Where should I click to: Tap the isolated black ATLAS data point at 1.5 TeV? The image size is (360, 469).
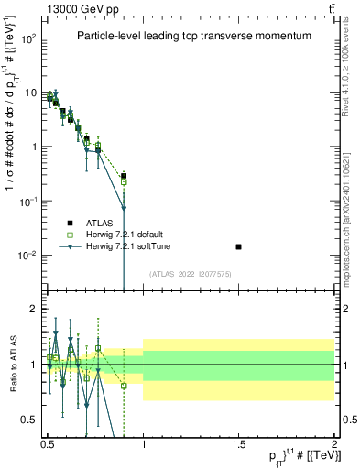239,246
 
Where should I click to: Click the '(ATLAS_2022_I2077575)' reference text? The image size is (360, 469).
191,274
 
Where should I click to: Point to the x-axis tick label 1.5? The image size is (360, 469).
239,442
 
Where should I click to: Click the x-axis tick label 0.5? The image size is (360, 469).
48,442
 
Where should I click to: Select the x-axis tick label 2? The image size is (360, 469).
334,442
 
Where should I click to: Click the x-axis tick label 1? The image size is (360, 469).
144,442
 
